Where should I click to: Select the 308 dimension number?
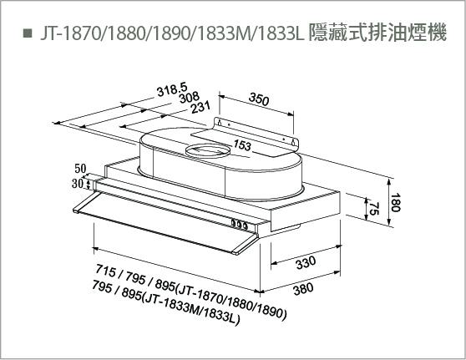(x=190, y=98)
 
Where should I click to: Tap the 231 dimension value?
(x=200, y=107)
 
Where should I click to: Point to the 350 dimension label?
(x=259, y=99)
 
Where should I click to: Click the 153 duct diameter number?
(x=242, y=145)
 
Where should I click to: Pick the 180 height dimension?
(x=395, y=202)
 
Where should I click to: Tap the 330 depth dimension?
(x=306, y=262)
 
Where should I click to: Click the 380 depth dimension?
(x=303, y=289)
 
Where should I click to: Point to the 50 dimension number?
(x=80, y=169)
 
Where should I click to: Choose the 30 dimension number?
(x=77, y=184)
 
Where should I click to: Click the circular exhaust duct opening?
(x=208, y=150)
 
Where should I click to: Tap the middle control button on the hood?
(x=239, y=225)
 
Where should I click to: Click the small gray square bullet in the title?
(x=28, y=33)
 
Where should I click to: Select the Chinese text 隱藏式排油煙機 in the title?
(x=377, y=33)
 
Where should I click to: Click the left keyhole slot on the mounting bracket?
(x=220, y=123)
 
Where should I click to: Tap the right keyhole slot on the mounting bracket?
(x=293, y=142)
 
